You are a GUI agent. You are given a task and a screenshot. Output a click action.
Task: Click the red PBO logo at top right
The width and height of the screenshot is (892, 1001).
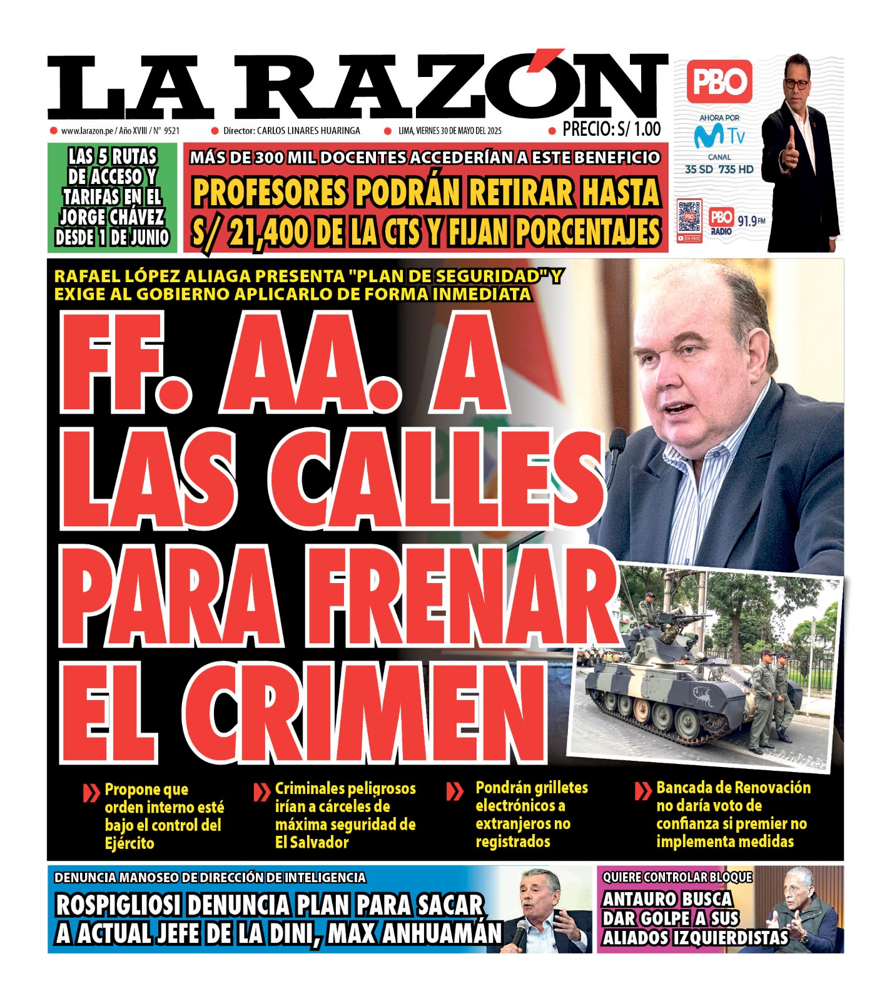pyautogui.click(x=719, y=82)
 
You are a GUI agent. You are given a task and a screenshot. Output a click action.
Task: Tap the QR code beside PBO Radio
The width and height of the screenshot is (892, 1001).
pyautogui.click(x=689, y=216)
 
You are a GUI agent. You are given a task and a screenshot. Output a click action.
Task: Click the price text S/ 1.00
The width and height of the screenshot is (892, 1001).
pyautogui.click(x=639, y=130)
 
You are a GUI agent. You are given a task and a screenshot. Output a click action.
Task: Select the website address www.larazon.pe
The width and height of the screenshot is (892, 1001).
pyautogui.click(x=87, y=131)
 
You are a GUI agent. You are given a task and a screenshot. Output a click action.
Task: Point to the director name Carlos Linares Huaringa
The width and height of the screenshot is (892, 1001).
pyautogui.click(x=308, y=131)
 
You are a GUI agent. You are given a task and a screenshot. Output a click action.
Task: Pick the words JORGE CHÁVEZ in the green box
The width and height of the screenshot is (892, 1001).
pyautogui.click(x=112, y=217)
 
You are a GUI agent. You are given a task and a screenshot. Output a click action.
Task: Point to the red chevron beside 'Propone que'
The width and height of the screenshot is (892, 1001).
pyautogui.click(x=91, y=793)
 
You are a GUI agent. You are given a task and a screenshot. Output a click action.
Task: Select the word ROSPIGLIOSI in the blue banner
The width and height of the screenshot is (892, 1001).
pyautogui.click(x=118, y=905)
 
